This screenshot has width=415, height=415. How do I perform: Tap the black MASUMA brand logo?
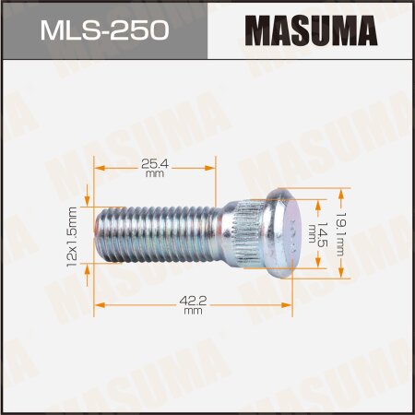[x=311, y=32]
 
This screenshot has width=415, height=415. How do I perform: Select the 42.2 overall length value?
[x=193, y=299]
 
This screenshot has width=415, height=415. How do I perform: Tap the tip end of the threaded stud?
[x=102, y=233]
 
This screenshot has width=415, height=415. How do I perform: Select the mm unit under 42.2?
[x=193, y=311]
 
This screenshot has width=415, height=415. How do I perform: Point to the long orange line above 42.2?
[x=193, y=303]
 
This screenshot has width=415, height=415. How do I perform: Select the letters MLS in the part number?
[x=71, y=31]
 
